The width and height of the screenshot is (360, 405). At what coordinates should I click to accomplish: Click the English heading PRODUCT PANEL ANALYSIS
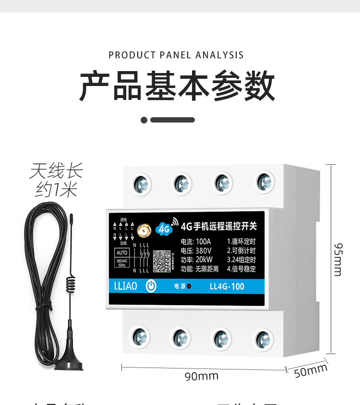click(176, 55)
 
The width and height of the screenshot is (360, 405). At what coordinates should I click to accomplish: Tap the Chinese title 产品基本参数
click(177, 86)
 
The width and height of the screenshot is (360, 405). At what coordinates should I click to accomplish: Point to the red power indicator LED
click(190, 286)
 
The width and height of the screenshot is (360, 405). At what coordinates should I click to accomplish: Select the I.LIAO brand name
click(126, 286)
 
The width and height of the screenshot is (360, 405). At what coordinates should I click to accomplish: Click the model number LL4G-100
click(227, 287)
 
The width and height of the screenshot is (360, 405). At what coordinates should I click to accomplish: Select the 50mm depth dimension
click(310, 371)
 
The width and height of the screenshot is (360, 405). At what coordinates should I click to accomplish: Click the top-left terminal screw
click(142, 184)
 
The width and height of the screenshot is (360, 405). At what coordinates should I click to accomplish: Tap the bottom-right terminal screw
click(263, 340)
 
